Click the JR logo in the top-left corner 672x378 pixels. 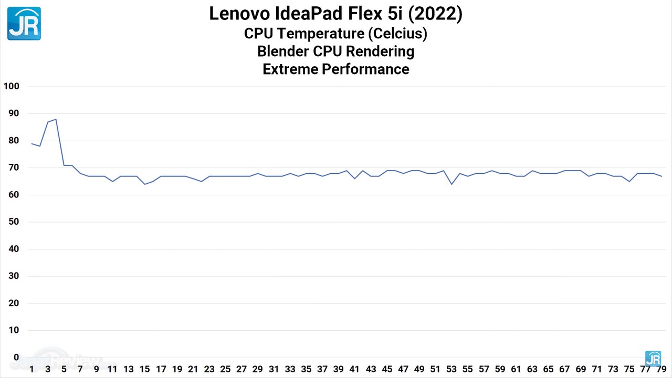point(24,24)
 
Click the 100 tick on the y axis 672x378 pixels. point(11,86)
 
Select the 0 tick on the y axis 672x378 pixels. point(16,357)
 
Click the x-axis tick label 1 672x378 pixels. point(31,369)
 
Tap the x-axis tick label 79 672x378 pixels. point(661,369)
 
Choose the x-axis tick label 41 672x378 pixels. point(354,369)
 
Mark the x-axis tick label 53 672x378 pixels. point(451,369)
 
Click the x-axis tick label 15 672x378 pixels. point(144,369)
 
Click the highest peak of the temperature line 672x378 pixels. point(56,119)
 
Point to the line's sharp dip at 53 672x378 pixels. point(451,184)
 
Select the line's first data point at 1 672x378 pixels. point(31,143)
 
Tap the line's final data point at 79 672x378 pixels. point(661,176)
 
